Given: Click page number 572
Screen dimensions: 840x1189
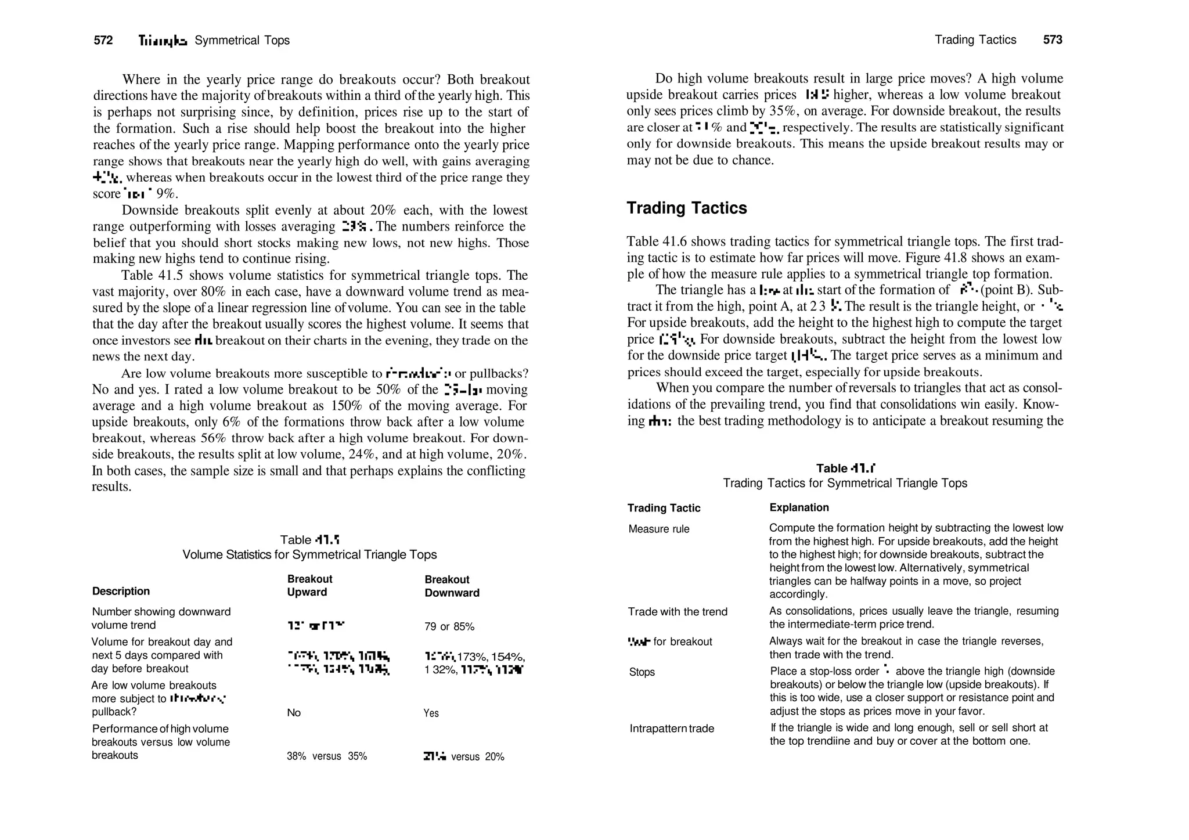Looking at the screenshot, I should point(103,40).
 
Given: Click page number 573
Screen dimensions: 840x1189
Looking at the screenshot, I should point(1053,39).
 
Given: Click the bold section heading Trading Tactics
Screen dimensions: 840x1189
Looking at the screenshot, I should point(686,208).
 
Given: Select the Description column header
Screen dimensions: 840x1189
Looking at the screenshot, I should point(121,591).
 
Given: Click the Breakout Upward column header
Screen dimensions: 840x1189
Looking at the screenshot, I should point(309,585).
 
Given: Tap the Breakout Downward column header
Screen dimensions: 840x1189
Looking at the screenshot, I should point(452,586).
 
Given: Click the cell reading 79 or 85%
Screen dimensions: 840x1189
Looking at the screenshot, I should point(449,626).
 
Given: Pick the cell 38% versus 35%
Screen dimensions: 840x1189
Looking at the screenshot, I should point(327,756).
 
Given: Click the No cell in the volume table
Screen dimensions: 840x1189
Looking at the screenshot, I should point(294,712).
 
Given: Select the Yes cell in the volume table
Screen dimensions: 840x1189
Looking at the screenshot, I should point(431,713).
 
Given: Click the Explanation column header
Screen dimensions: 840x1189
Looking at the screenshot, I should point(799,507).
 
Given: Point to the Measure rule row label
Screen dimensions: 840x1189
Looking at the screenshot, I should point(659,529).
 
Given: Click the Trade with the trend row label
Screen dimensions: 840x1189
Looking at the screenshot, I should point(677,611).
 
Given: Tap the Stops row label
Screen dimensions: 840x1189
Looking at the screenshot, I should point(642,672).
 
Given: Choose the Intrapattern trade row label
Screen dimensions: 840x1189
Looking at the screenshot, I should point(672,728).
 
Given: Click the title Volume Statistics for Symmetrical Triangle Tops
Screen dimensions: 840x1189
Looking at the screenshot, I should point(309,554).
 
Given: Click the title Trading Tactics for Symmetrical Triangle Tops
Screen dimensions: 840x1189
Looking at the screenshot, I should point(845,483).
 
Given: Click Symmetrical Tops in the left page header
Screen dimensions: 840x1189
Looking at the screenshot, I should point(242,40).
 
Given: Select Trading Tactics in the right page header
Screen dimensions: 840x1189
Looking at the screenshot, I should point(975,39).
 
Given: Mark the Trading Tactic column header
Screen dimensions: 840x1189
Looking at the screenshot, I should point(664,508).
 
